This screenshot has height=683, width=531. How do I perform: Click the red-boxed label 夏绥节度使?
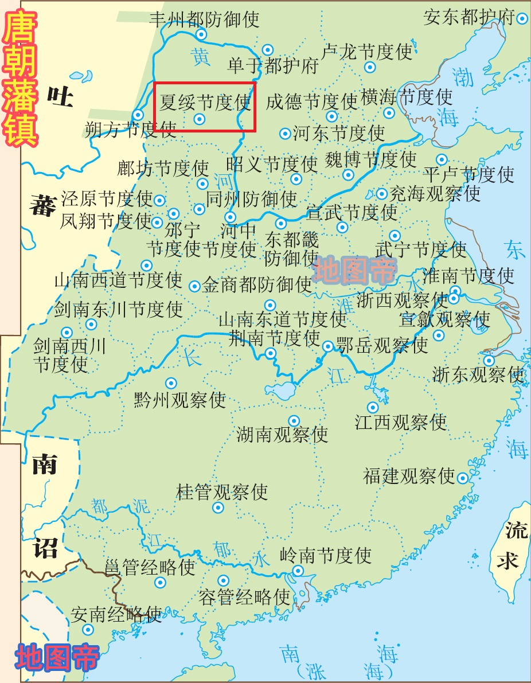point(205,103)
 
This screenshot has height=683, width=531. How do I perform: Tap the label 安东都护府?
point(469,17)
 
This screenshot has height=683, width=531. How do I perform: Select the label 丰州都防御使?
point(204,19)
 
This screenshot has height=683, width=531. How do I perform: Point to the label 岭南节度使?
point(326,555)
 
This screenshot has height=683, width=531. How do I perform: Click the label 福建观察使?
point(408,476)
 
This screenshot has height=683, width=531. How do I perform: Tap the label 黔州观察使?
point(180,399)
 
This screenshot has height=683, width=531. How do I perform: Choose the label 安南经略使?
point(116,615)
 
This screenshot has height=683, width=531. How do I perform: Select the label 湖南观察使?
point(282,434)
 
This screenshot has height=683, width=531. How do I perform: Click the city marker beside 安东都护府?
point(522,18)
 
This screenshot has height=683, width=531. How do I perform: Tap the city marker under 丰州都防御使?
point(201,34)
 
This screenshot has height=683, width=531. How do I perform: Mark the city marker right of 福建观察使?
point(463,476)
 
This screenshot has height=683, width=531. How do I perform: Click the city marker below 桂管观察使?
point(218,508)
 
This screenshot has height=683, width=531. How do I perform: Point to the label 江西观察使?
point(400,423)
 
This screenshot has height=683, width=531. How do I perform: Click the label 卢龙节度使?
point(367,52)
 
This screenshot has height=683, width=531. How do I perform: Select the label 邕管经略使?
point(150,567)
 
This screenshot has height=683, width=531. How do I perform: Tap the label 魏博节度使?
point(370,159)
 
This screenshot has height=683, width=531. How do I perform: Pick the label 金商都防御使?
point(257,284)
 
